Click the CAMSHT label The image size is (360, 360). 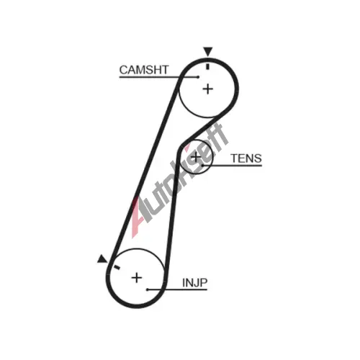click(x=144, y=70)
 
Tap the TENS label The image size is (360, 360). click(x=246, y=158)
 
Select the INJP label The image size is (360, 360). click(x=194, y=283)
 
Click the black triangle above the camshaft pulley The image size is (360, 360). click(x=208, y=52)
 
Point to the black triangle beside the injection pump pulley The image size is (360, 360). click(x=102, y=258)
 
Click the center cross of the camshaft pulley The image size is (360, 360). click(x=208, y=89)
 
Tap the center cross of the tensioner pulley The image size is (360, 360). click(x=196, y=157)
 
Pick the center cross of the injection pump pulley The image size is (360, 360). click(x=137, y=278)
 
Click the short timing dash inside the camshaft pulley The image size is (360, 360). click(x=208, y=67)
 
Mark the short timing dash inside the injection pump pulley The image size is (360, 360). click(x=117, y=267)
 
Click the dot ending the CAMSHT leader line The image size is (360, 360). click(x=198, y=77)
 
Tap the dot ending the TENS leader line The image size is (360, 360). click(x=203, y=166)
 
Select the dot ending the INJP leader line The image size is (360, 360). click(x=148, y=289)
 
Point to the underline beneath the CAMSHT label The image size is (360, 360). click(x=158, y=77)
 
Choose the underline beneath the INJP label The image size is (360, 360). click(x=177, y=289)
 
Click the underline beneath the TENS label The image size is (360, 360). click(x=233, y=166)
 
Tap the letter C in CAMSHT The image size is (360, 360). click(x=124, y=70)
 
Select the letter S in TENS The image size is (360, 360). click(x=258, y=158)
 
